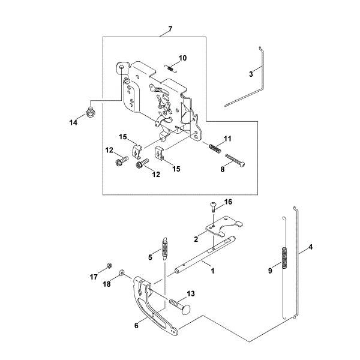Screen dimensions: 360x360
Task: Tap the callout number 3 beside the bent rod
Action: point(251,73)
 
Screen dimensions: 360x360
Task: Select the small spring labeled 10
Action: point(170,67)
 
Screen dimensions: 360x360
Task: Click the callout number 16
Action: point(227,202)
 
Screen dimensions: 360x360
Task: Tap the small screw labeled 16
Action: point(214,207)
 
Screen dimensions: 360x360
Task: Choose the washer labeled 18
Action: point(122,273)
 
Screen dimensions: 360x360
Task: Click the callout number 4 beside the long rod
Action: point(310,247)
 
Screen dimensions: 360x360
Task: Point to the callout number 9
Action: point(270,271)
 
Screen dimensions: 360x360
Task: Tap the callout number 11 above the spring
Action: point(227,139)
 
